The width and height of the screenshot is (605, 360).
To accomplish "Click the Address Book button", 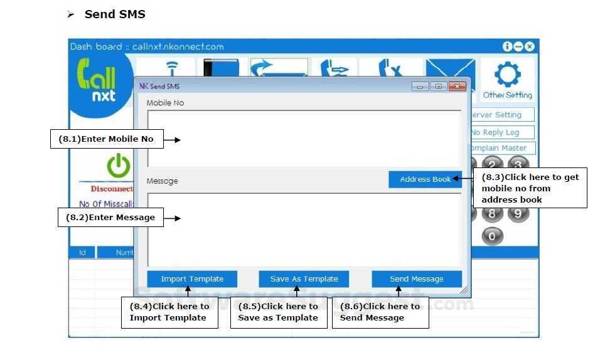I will (425, 179).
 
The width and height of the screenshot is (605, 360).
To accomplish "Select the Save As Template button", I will (304, 279).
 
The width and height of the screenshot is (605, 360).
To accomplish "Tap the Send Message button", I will (416, 279).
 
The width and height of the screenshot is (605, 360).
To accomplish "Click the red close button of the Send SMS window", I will (458, 87).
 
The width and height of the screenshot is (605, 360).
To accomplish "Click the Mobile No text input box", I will (304, 138).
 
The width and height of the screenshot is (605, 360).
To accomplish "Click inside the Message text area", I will (304, 229).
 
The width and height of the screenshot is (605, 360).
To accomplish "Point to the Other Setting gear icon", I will (507, 75).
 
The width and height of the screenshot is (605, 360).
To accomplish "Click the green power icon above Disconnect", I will (118, 166).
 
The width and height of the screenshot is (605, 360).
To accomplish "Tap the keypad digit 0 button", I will (492, 236).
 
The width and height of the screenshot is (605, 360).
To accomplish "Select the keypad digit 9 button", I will (518, 213).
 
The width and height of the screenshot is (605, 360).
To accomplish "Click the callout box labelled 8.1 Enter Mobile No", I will (106, 139).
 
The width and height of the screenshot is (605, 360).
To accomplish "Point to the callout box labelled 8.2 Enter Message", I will (110, 218).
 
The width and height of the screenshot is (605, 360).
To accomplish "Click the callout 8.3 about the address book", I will (530, 188).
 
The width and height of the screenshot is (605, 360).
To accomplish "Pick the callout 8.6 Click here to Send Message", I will (380, 312).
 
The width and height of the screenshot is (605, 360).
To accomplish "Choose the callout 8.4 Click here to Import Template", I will (169, 312).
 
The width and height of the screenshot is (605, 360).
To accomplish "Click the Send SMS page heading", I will (115, 14).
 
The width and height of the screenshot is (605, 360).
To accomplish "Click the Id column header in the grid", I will (82, 253).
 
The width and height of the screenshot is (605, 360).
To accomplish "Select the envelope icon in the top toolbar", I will (450, 70).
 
